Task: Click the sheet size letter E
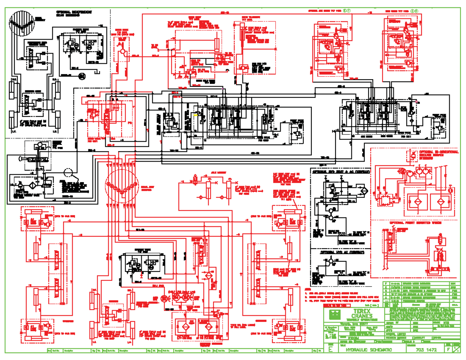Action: [330, 350]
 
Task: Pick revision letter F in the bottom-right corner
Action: [449, 350]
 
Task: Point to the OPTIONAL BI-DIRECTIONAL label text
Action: [435, 151]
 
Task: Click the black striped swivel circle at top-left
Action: [22, 23]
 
